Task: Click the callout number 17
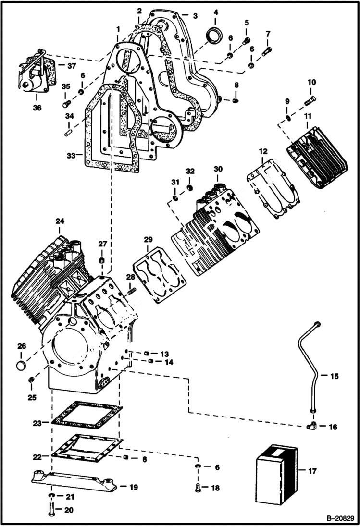pyautogui.click(x=312, y=471)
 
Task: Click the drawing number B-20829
pyautogui.click(x=340, y=519)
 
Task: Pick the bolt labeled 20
pyautogui.click(x=51, y=508)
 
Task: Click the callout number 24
pyautogui.click(x=60, y=221)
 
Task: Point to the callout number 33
pyautogui.click(x=72, y=156)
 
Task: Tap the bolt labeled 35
pyautogui.click(x=66, y=103)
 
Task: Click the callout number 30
pyautogui.click(x=218, y=169)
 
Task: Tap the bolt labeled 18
pyautogui.click(x=199, y=488)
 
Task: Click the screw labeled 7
pyautogui.click(x=267, y=50)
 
